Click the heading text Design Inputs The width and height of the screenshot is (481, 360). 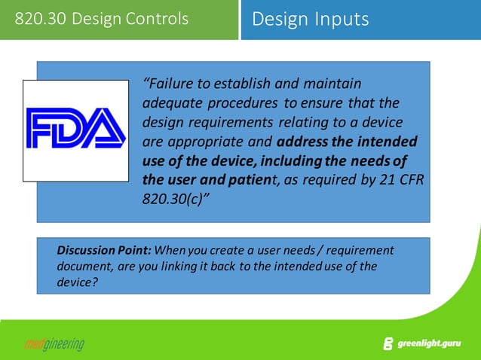310,19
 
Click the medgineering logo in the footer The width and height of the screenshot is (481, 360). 51,344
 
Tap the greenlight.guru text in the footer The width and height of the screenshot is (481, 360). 430,343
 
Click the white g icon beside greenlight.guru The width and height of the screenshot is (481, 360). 388,344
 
